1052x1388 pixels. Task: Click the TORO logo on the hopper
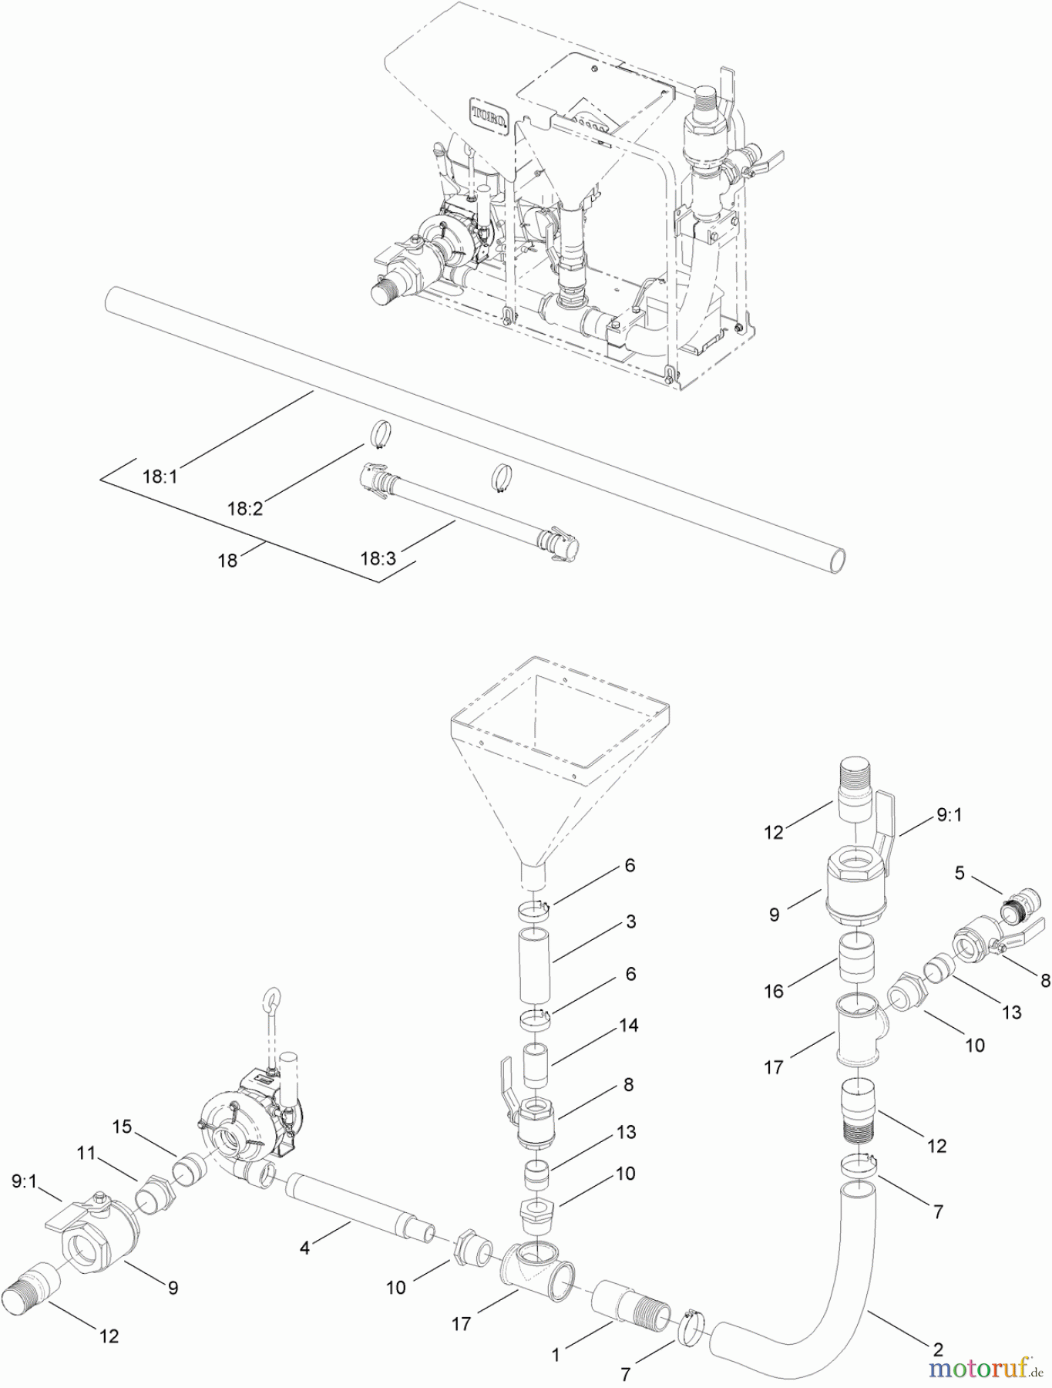[489, 115]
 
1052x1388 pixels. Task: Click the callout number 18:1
[160, 477]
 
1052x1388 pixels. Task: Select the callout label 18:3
[378, 558]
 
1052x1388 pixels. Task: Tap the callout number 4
[304, 1248]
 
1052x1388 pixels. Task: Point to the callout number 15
[122, 1127]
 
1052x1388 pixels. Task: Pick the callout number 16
[774, 991]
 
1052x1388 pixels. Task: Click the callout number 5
[959, 873]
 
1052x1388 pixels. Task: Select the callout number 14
[629, 1026]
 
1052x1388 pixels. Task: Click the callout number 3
[630, 921]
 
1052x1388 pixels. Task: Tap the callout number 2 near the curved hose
[938, 1349]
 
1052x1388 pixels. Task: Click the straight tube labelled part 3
[533, 965]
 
